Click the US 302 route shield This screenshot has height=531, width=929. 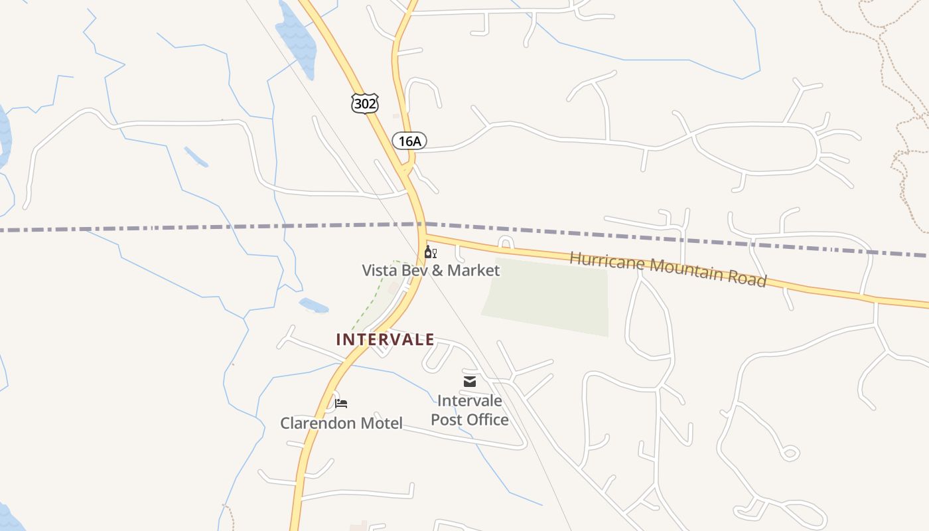coord(365,103)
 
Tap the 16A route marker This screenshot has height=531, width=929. coord(409,141)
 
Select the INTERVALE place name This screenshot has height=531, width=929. coord(385,340)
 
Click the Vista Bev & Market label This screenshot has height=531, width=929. coord(431,270)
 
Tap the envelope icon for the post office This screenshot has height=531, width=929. coord(470,381)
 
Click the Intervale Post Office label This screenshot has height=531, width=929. coord(470,410)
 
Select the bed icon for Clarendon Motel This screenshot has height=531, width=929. coord(341,403)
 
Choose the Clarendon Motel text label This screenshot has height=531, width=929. coord(341,423)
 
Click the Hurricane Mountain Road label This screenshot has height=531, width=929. coord(668,268)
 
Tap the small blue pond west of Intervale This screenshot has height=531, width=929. coord(314,306)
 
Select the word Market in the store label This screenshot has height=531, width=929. coord(473,270)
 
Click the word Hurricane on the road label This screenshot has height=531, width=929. coord(608,261)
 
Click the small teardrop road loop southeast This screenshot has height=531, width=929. coord(789,453)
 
